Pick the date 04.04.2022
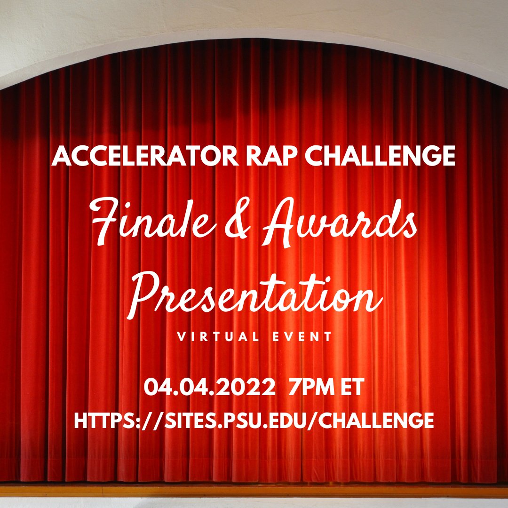tap(210, 388)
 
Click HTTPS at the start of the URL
tap(104, 420)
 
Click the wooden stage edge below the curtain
tap(254, 489)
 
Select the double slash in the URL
tap(151, 420)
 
